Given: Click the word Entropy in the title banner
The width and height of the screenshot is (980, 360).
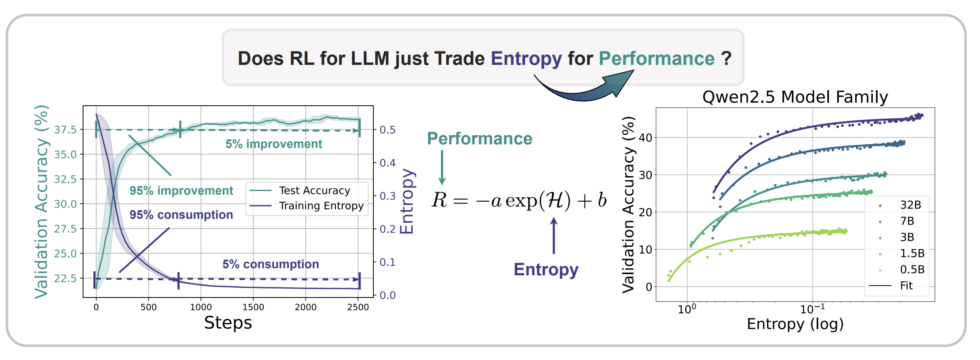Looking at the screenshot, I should tap(526, 59).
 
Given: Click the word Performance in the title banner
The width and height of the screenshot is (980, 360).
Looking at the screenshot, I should tap(656, 59).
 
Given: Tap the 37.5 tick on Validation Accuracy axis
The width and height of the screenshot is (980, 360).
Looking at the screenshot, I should tap(65, 130).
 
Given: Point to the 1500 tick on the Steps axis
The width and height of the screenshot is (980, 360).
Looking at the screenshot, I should tap(253, 307).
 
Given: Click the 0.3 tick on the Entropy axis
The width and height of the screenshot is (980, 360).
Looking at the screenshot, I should tap(388, 196).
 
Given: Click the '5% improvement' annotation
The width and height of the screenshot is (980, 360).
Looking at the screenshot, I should tap(274, 144).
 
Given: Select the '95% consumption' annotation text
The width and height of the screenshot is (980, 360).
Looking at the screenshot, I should tap(181, 215).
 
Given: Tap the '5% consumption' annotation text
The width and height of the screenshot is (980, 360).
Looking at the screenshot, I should tap(271, 264).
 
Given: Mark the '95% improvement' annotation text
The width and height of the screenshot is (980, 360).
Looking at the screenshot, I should tap(181, 191).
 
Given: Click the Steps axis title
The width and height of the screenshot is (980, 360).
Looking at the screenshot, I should tap(228, 323).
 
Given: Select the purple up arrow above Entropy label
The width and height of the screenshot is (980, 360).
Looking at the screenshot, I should tap(554, 236).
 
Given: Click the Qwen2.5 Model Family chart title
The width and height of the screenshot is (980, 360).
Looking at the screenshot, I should tap(795, 97).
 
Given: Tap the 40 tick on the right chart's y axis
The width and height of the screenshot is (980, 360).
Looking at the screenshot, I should tap(645, 138).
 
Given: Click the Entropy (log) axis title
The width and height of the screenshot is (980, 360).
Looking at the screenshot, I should tap(795, 324).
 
